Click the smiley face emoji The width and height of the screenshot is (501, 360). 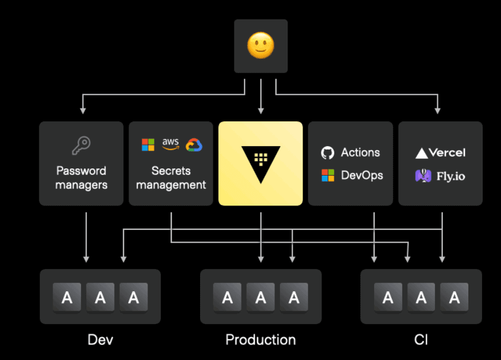[x=260, y=46]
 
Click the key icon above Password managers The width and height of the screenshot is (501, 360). [x=81, y=146]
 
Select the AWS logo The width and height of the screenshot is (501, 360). [x=171, y=144]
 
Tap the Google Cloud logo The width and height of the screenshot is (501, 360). [x=194, y=145]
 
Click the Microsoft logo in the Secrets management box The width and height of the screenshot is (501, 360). [x=148, y=145]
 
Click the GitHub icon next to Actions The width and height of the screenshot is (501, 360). [x=328, y=153]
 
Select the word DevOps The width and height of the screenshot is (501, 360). [x=362, y=175]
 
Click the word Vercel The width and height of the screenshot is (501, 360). [x=447, y=153]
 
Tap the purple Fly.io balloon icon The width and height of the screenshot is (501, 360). [x=423, y=176]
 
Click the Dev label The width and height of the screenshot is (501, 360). [x=100, y=339]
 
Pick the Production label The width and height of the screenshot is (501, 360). [x=260, y=339]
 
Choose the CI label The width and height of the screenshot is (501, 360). [x=421, y=339]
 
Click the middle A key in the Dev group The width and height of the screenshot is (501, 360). [x=100, y=297]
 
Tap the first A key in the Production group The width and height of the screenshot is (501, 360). [x=227, y=297]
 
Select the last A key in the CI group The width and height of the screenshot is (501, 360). [x=454, y=297]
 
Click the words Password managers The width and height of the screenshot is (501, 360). [x=81, y=177]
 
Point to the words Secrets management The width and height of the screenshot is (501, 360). [x=171, y=177]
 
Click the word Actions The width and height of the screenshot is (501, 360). [x=360, y=152]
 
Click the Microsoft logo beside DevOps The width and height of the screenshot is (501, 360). [x=328, y=176]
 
